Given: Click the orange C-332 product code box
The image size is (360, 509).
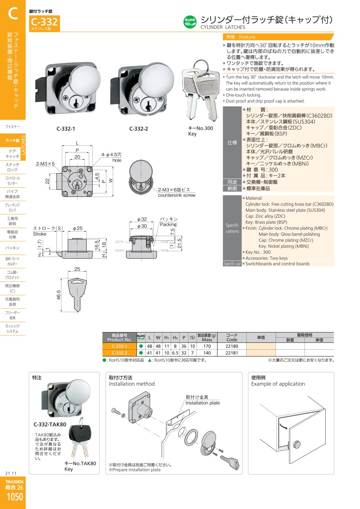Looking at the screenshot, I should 44,23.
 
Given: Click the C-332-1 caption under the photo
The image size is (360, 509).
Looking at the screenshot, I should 66,129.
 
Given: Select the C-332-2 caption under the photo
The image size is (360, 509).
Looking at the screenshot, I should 138,129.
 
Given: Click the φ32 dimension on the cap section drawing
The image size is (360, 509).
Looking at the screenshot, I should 142,219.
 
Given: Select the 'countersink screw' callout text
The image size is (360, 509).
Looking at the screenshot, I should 176,195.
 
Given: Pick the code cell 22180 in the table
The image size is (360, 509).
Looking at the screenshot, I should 232,346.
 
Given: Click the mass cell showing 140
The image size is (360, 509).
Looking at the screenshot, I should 207,353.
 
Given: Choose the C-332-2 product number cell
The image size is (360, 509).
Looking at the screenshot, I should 119,353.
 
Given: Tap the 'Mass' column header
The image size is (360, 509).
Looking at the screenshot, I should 207,340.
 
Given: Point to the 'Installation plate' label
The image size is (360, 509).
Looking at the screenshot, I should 203,403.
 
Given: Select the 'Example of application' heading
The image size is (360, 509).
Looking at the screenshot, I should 278,384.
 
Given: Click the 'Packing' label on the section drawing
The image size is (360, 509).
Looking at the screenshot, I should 168,224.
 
